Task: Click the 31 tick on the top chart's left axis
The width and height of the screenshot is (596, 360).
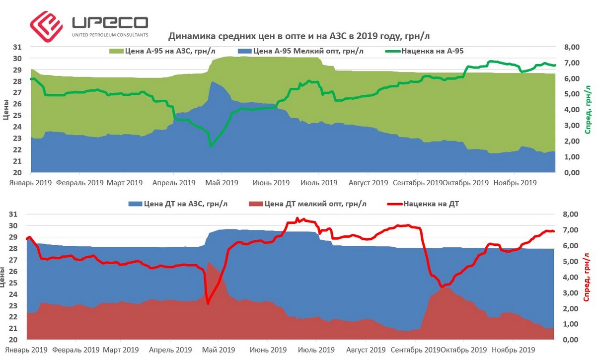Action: (17, 47)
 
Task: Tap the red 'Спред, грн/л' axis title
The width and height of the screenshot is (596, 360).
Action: (589, 276)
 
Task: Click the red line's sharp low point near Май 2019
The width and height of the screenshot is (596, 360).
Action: (208, 303)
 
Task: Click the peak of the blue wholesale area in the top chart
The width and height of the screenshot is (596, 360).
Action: (213, 82)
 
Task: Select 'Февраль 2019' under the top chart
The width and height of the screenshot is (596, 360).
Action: (80, 183)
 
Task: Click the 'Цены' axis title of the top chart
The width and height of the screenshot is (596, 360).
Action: (6, 110)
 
